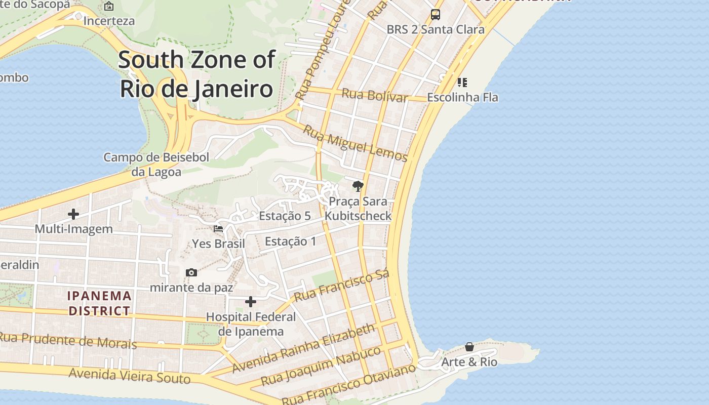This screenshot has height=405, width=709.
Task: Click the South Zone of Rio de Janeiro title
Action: coord(196,74)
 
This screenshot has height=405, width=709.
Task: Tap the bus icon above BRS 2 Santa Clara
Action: coord(436,15)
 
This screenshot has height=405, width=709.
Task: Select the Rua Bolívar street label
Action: coord(375,95)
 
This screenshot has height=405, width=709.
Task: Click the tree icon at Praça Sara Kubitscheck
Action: coord(358,186)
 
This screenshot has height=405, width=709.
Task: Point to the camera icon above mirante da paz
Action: coord(191,273)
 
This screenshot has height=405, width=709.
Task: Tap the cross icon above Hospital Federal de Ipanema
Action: coord(251,302)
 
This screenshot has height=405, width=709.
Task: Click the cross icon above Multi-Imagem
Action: coord(73,214)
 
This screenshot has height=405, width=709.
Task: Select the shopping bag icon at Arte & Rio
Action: coord(469,347)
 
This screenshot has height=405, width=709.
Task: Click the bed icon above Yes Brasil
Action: coord(218,229)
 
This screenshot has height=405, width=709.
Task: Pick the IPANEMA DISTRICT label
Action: coord(100,303)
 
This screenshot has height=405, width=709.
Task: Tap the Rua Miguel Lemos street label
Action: coord(355,143)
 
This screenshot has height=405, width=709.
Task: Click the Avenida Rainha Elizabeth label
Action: coord(304,348)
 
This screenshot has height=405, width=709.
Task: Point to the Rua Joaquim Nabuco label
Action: coord(321,366)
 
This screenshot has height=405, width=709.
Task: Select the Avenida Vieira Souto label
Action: coord(130,376)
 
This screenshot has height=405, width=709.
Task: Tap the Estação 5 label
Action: coord(285,216)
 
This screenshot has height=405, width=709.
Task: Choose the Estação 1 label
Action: coord(291,241)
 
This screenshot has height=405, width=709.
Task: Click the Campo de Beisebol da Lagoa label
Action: coord(156,165)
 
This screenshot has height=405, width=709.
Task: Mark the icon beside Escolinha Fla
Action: coord(462,82)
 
